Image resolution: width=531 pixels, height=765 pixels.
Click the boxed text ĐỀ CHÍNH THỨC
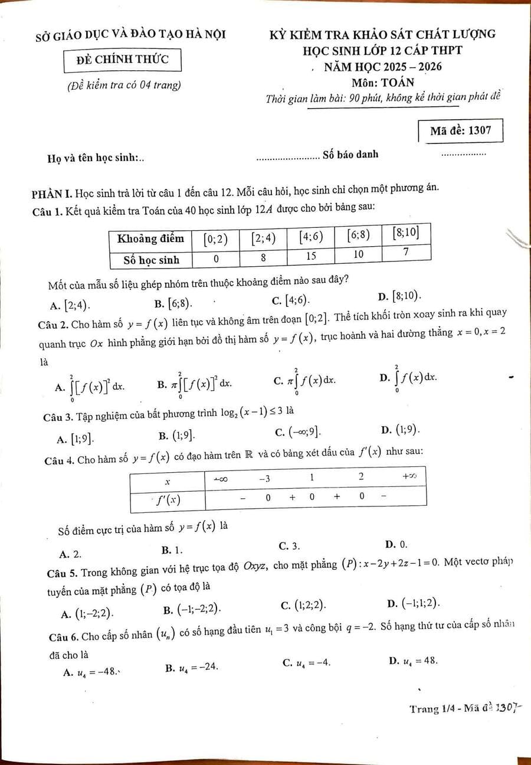point(123,59)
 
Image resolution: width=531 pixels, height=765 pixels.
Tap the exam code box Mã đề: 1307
point(461,130)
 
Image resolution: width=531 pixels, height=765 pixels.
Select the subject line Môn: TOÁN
point(383,82)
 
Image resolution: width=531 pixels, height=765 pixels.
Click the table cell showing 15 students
point(311,256)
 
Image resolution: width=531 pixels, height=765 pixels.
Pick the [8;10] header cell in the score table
point(406,233)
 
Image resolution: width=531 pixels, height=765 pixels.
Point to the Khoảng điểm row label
point(151,238)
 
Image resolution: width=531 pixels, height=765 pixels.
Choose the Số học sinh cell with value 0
point(217,258)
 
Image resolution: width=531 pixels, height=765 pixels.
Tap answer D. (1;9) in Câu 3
point(401,430)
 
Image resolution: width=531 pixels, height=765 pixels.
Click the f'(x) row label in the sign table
point(168,501)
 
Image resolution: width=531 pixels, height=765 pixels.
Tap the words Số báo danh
point(350,155)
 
